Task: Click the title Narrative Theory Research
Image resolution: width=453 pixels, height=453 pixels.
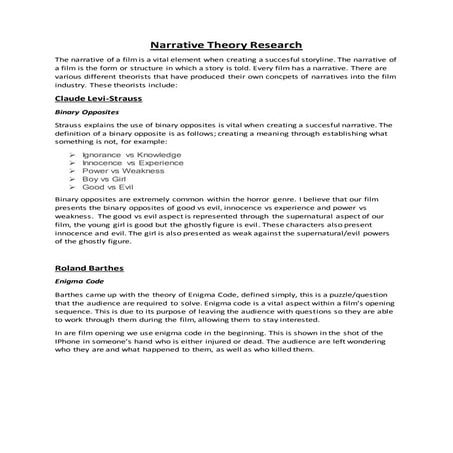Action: tap(227, 45)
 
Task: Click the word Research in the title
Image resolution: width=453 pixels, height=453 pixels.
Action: tap(272, 45)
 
